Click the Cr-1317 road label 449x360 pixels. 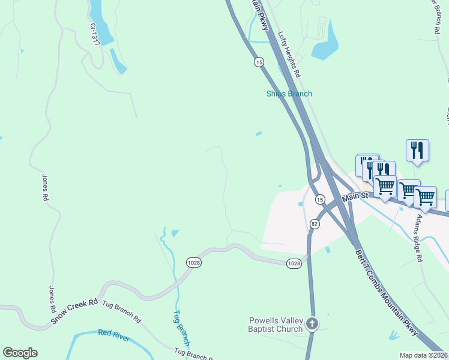tap(94, 34)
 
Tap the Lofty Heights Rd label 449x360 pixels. tap(289, 53)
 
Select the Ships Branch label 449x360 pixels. tap(289, 94)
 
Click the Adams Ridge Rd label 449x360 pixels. tap(418, 238)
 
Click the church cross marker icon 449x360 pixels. tap(312, 324)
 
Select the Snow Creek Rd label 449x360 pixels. tap(74, 311)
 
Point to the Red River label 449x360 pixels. tap(113, 335)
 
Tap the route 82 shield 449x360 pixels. tap(314, 224)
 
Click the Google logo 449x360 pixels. tap(20, 353)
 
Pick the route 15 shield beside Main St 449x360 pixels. tap(320, 199)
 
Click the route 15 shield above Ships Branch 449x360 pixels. tap(259, 62)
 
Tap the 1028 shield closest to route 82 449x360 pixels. tap(294, 263)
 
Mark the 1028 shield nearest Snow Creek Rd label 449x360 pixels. tap(194, 262)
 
